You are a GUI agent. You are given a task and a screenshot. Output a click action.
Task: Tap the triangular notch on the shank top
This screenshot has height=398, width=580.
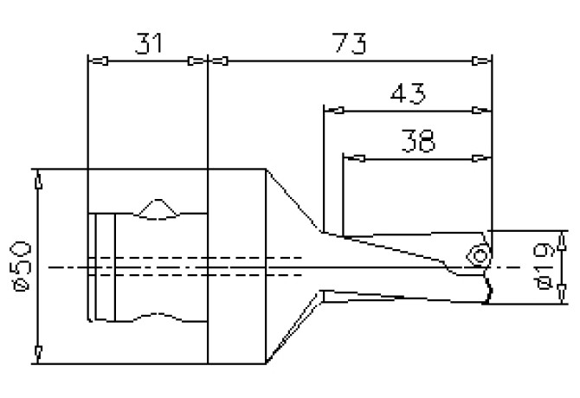[x=157, y=208]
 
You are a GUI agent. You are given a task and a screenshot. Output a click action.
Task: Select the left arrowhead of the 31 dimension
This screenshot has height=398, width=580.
[x=98, y=61]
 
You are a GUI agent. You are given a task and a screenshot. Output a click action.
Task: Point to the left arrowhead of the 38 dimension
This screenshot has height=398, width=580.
[x=353, y=157]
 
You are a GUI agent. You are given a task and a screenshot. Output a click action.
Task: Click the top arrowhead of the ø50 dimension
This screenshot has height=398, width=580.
[x=38, y=181]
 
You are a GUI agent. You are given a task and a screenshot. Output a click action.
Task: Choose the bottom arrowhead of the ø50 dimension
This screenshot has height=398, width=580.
[x=38, y=351]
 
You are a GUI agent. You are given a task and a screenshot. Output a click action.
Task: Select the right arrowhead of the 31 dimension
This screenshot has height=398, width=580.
[x=199, y=61]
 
